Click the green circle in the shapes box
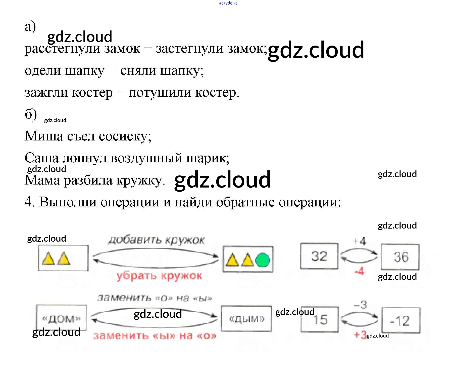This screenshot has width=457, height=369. coord(263,260)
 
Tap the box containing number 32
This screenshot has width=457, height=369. coord(319,256)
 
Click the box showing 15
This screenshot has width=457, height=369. coord(320,320)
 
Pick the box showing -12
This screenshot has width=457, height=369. coord(401,320)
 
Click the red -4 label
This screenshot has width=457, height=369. coord(359,271)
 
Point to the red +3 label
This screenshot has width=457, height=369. coord(360,335)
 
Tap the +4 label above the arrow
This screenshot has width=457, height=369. coord(360,241)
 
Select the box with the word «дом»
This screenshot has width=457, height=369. coord(62,318)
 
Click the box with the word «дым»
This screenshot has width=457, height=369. coord(246,319)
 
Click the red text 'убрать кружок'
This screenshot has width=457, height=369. coord(159,276)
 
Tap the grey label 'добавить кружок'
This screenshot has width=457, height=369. coord(156,240)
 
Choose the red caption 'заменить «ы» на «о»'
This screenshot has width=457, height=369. coord(155,336)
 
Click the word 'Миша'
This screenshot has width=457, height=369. coord(44,136)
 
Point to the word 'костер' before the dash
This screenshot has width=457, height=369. coord(92,93)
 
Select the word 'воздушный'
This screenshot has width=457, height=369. coord(146,158)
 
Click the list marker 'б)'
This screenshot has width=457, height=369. coord(31,115)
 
